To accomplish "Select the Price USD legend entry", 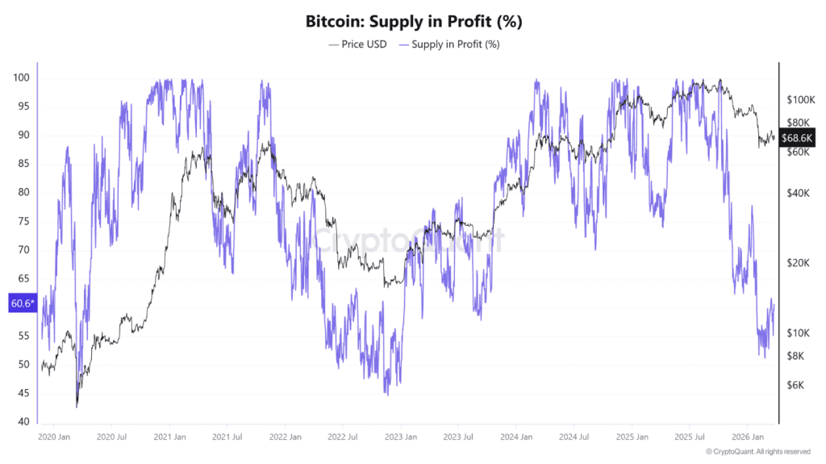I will [x=361, y=44].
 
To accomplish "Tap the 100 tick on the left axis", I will [x=22, y=77].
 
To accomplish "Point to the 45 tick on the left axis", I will [x=22, y=393].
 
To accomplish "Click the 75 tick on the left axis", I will [x=22, y=221].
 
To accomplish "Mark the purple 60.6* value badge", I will [x=21, y=303].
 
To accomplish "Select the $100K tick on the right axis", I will [x=802, y=99].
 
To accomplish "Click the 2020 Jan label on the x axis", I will [x=54, y=437].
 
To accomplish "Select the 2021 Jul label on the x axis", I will [x=227, y=437].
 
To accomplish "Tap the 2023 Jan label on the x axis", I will [x=400, y=437].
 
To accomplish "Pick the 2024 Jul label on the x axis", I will [x=574, y=437].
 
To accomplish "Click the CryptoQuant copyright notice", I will [x=757, y=451].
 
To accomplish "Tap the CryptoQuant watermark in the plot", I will [x=408, y=240].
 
